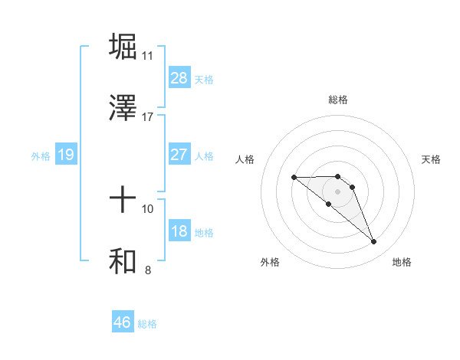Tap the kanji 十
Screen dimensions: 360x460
[x=123, y=200]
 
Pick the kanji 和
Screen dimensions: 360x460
[x=123, y=260]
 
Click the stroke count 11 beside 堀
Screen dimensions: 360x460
[x=148, y=55]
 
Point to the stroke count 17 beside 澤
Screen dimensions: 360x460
[x=148, y=117]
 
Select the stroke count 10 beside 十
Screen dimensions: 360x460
[x=148, y=208]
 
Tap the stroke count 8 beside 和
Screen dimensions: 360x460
[x=147, y=270]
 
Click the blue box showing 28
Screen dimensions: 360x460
[x=179, y=78]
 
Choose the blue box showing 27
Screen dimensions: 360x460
[x=179, y=155]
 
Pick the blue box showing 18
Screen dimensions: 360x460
[x=179, y=231]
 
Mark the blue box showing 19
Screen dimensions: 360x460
[x=66, y=155]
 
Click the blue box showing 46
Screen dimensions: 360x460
[x=123, y=322]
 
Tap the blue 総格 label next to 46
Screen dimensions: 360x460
[x=147, y=324]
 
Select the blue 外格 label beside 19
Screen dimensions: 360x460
[x=41, y=156]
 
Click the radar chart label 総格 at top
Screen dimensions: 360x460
[x=338, y=100]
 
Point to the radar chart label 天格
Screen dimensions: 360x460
[x=432, y=159]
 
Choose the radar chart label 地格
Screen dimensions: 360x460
[x=402, y=262]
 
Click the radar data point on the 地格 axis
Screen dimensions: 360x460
[x=374, y=242]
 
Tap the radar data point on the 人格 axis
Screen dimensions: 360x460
[x=294, y=178]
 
